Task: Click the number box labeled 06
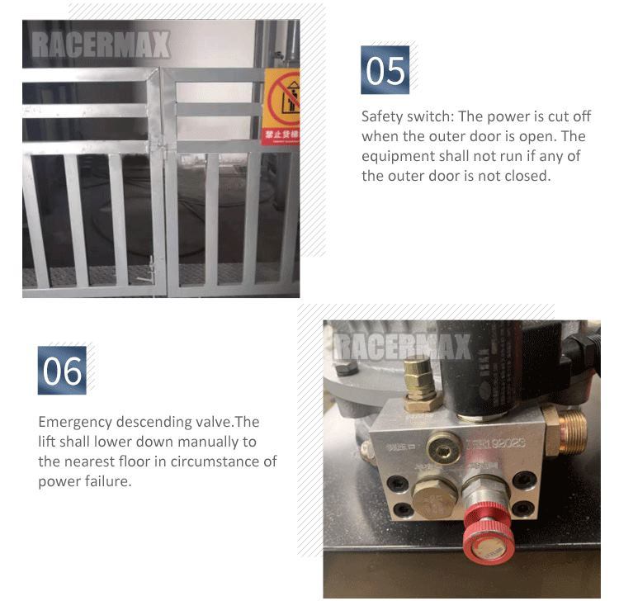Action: pos(63,370)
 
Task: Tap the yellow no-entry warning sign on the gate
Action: pos(281,106)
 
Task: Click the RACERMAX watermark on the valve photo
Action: pos(402,346)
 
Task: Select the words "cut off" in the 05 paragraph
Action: pos(569,116)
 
